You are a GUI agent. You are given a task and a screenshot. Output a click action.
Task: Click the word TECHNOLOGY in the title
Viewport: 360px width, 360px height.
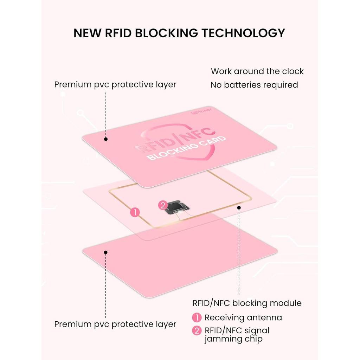coord(243,33)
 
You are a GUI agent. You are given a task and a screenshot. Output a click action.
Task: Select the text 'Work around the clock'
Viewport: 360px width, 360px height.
coord(257,71)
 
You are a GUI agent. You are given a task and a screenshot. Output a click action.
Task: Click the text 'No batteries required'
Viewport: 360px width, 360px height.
coord(254,85)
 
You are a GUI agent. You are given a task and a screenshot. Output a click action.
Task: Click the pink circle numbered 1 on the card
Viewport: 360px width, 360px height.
coord(135,212)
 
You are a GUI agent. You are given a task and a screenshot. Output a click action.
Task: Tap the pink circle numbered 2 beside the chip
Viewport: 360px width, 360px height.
coord(163,205)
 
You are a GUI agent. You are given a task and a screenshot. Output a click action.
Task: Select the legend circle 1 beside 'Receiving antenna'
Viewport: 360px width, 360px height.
coord(197,317)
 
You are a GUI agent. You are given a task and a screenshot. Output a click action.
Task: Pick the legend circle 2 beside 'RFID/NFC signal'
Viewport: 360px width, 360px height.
coord(197,330)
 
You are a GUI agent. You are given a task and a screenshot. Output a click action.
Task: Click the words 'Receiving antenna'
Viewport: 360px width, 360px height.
coord(243,317)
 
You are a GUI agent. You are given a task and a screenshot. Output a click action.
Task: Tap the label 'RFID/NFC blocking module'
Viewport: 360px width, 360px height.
coord(247,303)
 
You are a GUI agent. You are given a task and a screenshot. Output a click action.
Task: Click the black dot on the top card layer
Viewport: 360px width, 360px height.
coord(106,139)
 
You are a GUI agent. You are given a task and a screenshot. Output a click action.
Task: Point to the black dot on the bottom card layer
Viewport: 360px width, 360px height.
coord(105,252)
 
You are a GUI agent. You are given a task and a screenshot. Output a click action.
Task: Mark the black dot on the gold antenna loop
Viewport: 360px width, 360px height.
coord(239,207)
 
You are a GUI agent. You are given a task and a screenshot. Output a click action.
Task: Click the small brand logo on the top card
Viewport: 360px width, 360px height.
coord(201,111)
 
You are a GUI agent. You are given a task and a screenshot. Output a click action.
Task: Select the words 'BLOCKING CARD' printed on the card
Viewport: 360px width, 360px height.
coord(186,148)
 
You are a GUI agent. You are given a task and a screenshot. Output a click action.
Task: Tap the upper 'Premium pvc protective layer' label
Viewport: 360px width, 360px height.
coord(115,84)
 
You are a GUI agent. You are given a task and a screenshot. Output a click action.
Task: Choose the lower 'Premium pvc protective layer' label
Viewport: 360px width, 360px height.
coord(115,324)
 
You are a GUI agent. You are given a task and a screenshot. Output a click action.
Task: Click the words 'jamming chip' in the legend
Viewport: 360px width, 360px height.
coord(233,339)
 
